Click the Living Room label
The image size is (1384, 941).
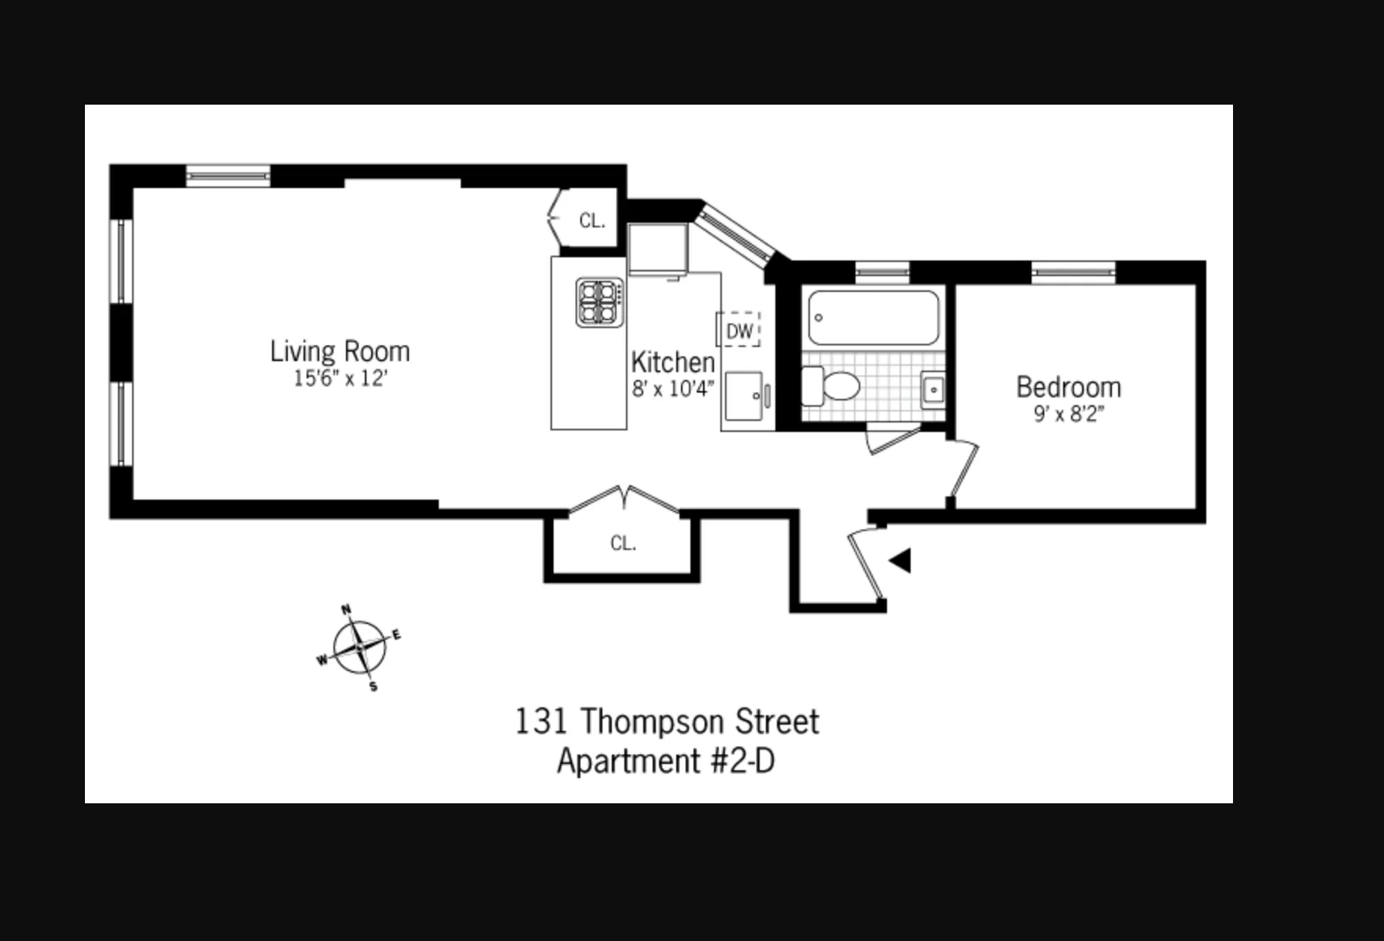(x=340, y=351)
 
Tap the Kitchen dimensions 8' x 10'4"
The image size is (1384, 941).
(x=673, y=389)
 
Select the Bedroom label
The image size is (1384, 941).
(x=1069, y=387)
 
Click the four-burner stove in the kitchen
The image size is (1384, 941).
(x=600, y=302)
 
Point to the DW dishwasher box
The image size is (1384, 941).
(x=738, y=330)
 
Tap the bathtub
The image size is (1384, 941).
(x=874, y=318)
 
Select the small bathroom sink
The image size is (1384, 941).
(x=933, y=389)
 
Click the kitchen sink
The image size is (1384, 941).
(x=744, y=397)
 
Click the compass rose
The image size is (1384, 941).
(x=360, y=648)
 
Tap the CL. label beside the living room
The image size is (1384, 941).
(x=592, y=221)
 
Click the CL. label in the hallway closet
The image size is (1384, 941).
(x=623, y=543)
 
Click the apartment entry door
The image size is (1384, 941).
(x=866, y=565)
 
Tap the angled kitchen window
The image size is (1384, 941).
(x=735, y=234)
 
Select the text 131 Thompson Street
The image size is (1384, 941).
(x=667, y=721)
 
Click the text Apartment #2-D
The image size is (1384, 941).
(x=665, y=761)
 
